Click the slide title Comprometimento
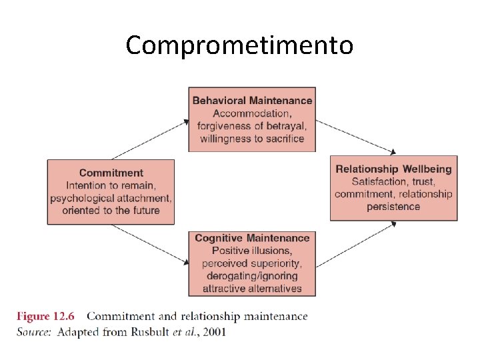pyautogui.click(x=239, y=45)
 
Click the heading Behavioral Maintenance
pyautogui.click(x=252, y=101)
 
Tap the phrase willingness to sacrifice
pyautogui.click(x=252, y=139)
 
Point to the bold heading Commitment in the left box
pyautogui.click(x=111, y=173)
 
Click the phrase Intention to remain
pyautogui.click(x=111, y=185)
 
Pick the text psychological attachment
pyautogui.click(x=111, y=198)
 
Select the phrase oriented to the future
pyautogui.click(x=111, y=211)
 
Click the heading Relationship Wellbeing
pyautogui.click(x=393, y=169)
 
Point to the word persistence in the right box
pyautogui.click(x=393, y=207)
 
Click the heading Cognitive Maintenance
pyautogui.click(x=252, y=238)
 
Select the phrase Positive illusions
pyautogui.click(x=252, y=251)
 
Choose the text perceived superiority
pyautogui.click(x=252, y=263)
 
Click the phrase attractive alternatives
pyautogui.click(x=252, y=289)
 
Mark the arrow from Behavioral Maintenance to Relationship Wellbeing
pyautogui.click(x=355, y=137)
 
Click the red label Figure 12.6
pyautogui.click(x=45, y=316)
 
